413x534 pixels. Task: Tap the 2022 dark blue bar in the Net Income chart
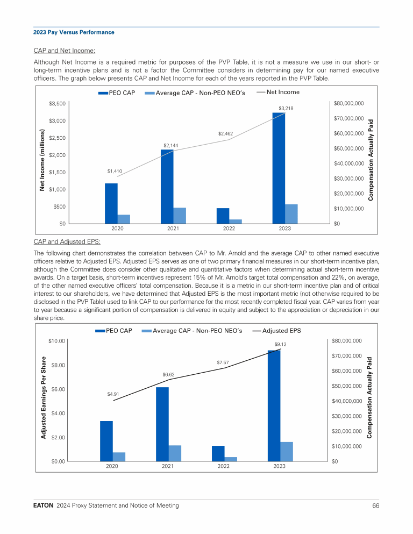pyautogui.click(x=223, y=216)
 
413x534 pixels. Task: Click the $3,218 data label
pyautogui.click(x=286, y=109)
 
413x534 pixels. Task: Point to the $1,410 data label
pyautogui.click(x=115, y=171)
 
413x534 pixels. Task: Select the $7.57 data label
pyautogui.click(x=223, y=363)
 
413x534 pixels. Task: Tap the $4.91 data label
pyautogui.click(x=113, y=394)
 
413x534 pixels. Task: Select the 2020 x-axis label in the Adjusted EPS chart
pyautogui.click(x=112, y=466)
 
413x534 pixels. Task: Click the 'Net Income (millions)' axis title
pyautogui.click(x=41, y=159)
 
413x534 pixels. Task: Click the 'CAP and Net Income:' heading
pyautogui.click(x=65, y=51)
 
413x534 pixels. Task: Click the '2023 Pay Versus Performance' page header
pyautogui.click(x=74, y=32)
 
